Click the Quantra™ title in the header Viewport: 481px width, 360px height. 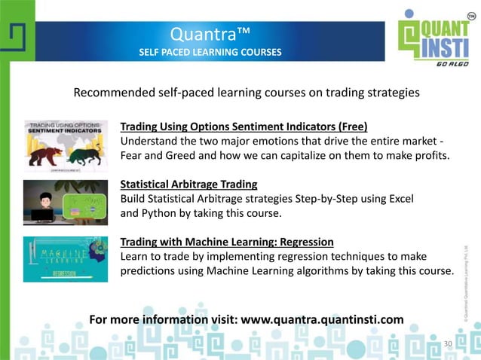210,34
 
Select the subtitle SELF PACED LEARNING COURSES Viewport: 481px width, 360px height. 210,53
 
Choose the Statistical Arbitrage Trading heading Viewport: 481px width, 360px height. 188,184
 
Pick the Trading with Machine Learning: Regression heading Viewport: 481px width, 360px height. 227,242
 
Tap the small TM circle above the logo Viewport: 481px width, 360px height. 471,17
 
